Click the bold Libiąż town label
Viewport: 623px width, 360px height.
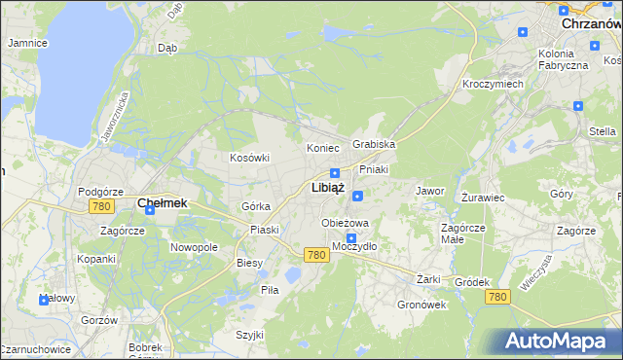pos(327,187)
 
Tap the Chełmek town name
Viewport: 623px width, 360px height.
pos(162,203)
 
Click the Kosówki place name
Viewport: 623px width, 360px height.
pos(248,158)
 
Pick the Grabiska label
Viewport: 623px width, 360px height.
pos(374,144)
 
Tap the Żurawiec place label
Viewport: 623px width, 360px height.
pos(482,197)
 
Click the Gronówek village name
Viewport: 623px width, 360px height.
pos(421,304)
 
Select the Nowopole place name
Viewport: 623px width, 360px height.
pos(194,247)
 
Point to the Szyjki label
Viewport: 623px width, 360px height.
pos(249,335)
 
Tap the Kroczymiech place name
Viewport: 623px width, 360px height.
pos(493,85)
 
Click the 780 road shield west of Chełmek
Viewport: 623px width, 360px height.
pos(99,207)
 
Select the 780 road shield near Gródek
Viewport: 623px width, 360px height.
pos(497,296)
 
